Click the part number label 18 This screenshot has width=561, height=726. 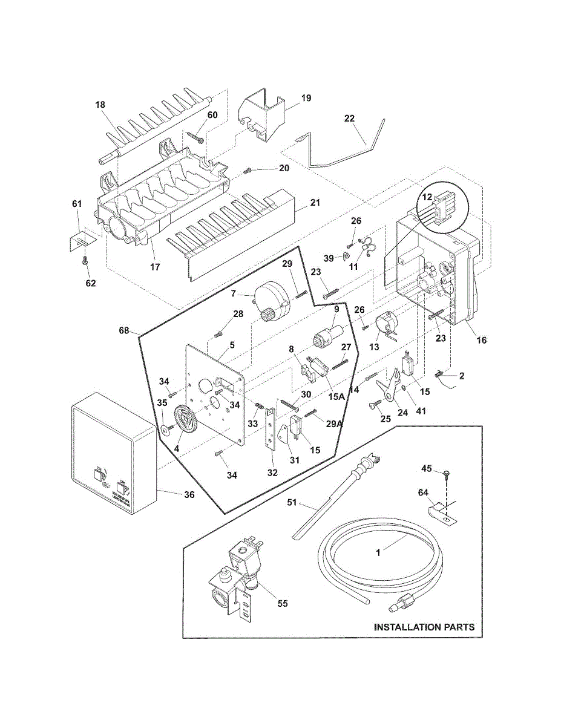[x=100, y=105]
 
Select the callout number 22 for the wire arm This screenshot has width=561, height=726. [x=349, y=118]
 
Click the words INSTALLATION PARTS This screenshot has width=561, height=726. [x=424, y=627]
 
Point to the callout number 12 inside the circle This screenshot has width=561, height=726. [x=427, y=197]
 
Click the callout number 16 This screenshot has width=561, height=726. [x=481, y=340]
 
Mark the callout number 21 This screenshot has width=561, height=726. [x=315, y=202]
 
